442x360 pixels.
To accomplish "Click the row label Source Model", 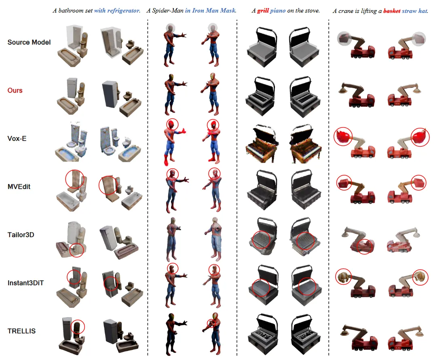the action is [29, 42].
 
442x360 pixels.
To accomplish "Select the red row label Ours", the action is [15, 91].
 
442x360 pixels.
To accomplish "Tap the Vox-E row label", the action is [17, 138].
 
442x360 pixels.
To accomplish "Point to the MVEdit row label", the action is [19, 186].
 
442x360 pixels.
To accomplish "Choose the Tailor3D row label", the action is [21, 235].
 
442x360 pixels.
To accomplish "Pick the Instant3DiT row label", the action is [25, 283].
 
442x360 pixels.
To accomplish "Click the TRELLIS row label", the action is [21, 331].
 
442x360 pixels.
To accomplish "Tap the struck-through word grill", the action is [263, 11].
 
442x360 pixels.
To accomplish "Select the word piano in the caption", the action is [278, 11].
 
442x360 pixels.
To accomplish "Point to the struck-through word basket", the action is [392, 11].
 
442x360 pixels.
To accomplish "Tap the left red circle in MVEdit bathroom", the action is [66, 179].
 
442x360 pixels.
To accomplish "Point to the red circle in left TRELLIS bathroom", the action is [71, 327].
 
